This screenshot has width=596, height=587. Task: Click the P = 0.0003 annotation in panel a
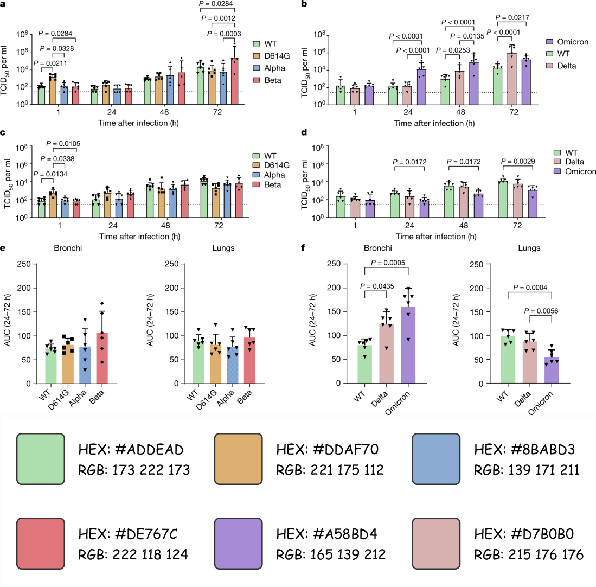224,34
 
